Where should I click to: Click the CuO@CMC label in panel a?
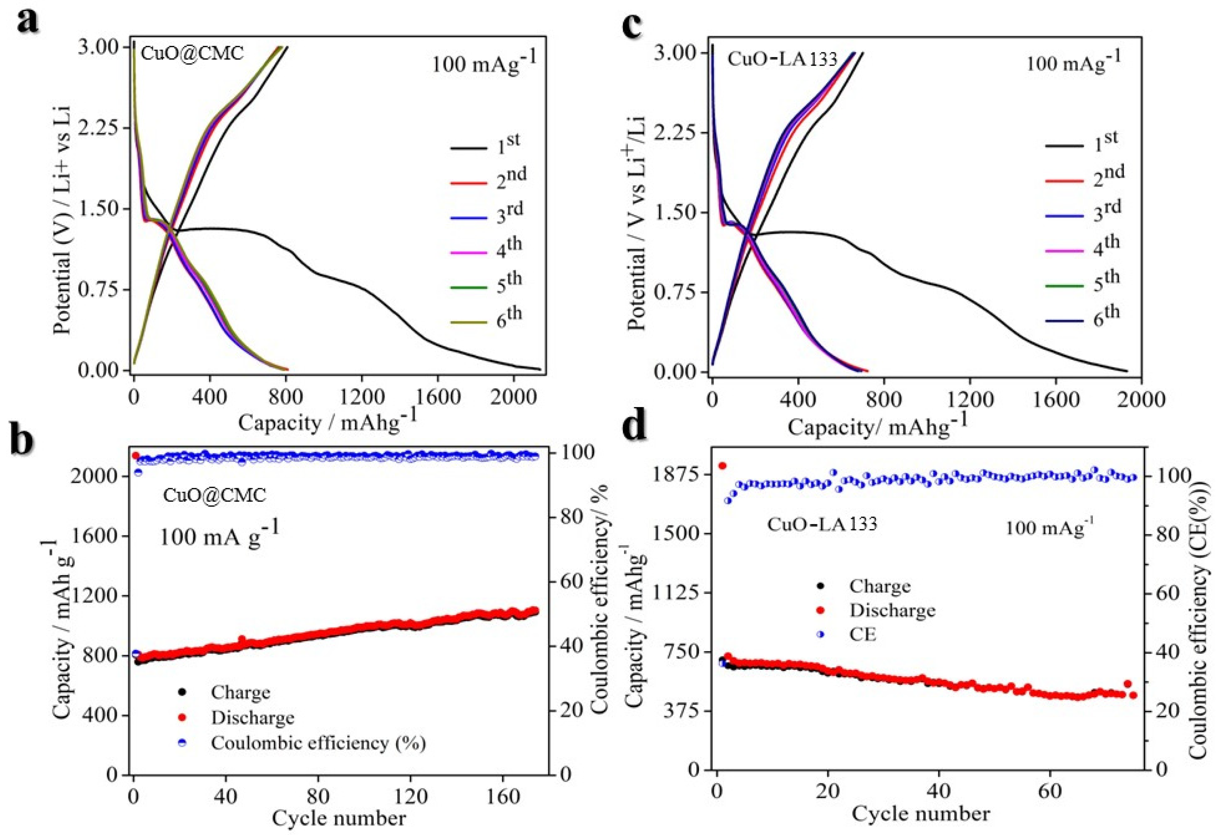click(192, 54)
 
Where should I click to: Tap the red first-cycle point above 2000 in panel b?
click(136, 455)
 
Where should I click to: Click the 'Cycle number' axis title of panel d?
click(920, 814)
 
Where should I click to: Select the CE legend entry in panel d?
click(862, 635)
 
